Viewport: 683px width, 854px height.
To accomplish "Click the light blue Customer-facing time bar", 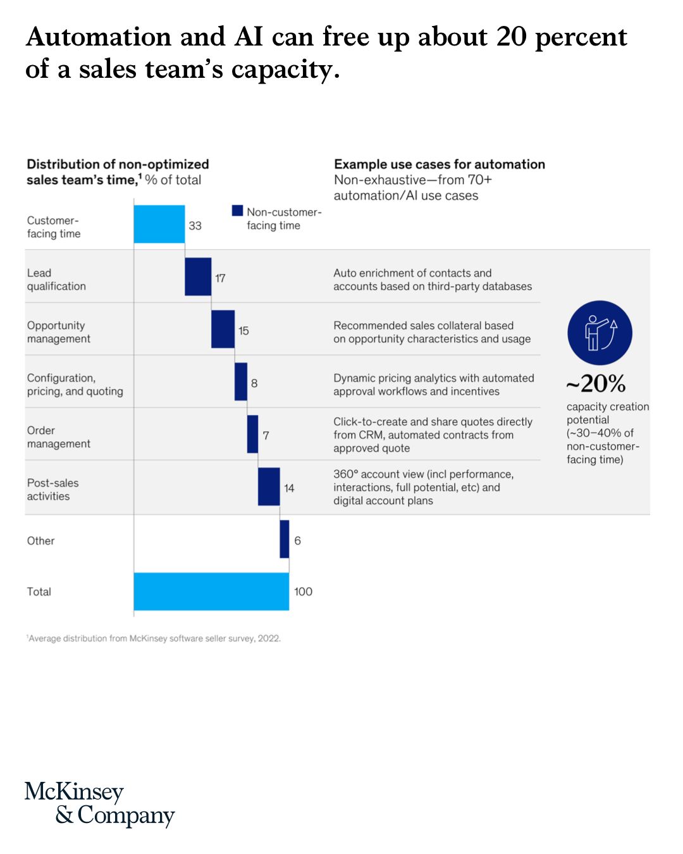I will click(159, 224).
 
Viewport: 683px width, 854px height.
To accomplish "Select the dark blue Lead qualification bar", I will click(198, 276).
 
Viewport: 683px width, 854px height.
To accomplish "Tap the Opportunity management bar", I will click(223, 329).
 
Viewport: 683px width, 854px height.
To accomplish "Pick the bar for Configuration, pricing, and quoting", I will click(241, 381).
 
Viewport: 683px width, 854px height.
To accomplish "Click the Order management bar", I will click(252, 434).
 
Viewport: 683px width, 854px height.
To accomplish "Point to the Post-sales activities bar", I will click(269, 486).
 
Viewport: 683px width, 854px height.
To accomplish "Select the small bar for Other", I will click(285, 539).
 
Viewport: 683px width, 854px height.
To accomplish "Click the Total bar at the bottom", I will click(211, 591).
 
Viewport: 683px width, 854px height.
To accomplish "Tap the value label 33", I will click(195, 226).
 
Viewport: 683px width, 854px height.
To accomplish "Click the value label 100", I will click(303, 591).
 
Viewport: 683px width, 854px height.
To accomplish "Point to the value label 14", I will click(289, 488).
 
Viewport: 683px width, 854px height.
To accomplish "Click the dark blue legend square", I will click(238, 211).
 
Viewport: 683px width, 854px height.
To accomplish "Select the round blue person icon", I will click(600, 333).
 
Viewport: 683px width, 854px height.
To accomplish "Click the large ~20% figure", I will click(595, 383).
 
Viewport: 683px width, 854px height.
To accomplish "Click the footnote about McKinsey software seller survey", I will click(154, 638).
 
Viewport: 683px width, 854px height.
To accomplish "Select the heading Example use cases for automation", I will click(440, 164).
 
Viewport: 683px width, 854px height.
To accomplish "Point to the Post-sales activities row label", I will click(53, 489).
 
